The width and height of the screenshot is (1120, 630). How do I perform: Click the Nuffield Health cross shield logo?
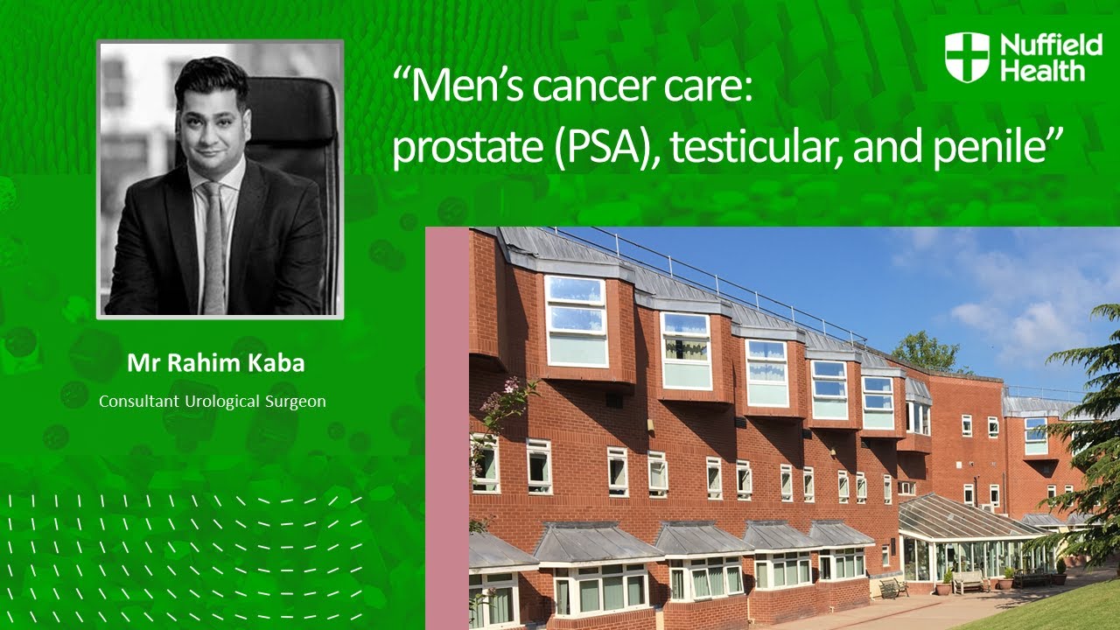[967, 57]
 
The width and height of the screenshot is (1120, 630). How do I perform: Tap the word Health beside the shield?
[1042, 70]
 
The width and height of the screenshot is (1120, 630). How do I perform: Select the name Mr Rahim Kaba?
[216, 364]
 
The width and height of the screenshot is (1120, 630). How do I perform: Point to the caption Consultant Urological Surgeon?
[213, 402]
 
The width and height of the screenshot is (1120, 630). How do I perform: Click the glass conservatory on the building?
[962, 538]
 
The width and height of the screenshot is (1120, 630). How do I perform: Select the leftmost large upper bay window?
[577, 321]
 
